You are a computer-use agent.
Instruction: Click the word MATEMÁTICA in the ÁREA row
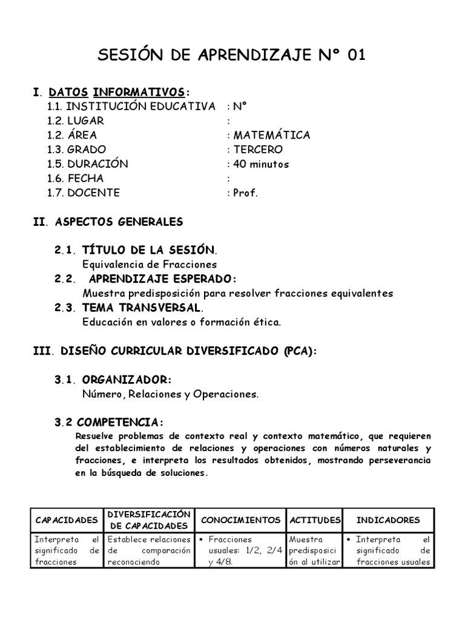pyautogui.click(x=272, y=135)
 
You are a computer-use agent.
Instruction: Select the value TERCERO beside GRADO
pyautogui.click(x=258, y=150)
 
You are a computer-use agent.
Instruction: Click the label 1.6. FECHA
pyautogui.click(x=76, y=179)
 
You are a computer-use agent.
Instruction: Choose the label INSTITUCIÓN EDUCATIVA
pyautogui.click(x=140, y=107)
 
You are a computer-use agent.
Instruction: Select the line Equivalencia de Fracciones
pyautogui.click(x=149, y=265)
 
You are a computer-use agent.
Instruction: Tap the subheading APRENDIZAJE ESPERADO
pyautogui.click(x=163, y=279)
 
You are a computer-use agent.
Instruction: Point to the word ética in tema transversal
pyautogui.click(x=267, y=323)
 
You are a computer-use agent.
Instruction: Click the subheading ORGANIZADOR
pyautogui.click(x=127, y=380)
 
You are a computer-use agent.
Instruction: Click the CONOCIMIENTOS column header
pyautogui.click(x=240, y=520)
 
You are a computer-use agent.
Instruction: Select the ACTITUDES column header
pyautogui.click(x=315, y=520)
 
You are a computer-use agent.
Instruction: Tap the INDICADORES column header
pyautogui.click(x=388, y=520)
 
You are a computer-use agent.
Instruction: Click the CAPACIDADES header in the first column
pyautogui.click(x=67, y=520)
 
